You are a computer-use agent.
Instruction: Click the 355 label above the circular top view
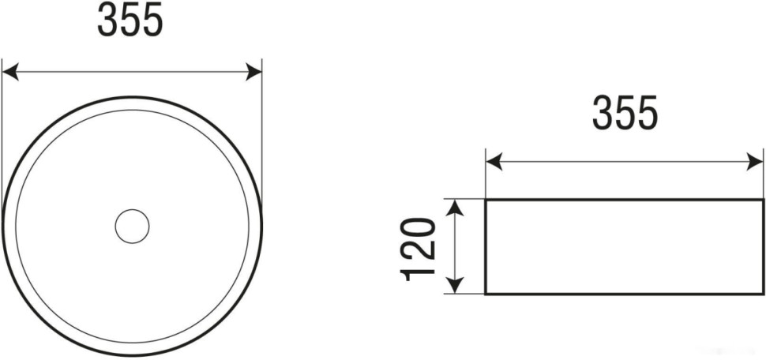[x=130, y=21]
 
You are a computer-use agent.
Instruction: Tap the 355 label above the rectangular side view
[x=625, y=114]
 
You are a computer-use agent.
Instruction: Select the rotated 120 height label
[x=419, y=248]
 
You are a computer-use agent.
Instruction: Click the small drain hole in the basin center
[x=132, y=227]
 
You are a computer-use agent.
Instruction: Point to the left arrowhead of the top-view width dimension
[x=9, y=73]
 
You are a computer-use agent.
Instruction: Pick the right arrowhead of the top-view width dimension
[x=254, y=73]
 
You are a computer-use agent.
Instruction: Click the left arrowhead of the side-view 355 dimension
[x=494, y=163]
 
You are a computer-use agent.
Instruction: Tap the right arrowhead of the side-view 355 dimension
[x=746, y=163]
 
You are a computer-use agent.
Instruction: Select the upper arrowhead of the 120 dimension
[x=455, y=207]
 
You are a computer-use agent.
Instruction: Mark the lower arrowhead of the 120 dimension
[x=455, y=287]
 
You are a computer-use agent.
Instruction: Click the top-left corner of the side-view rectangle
[x=486, y=200]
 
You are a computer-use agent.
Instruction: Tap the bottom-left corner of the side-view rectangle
[x=486, y=294]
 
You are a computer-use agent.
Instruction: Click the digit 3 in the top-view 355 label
[x=108, y=21]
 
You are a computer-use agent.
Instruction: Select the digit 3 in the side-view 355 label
[x=603, y=114]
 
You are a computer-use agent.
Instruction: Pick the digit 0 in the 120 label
[x=419, y=229]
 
